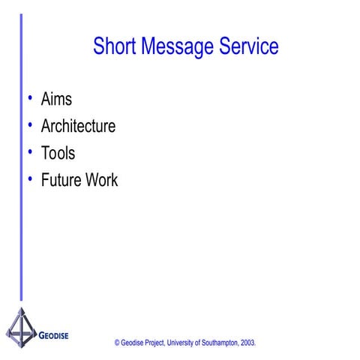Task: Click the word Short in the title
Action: pyautogui.click(x=112, y=47)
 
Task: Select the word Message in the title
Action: pyautogui.click(x=172, y=47)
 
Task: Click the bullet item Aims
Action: pyautogui.click(x=57, y=99)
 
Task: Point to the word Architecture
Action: pyautogui.click(x=79, y=126)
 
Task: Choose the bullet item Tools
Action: pyautogui.click(x=58, y=153)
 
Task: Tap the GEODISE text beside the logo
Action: pyautogui.click(x=54, y=334)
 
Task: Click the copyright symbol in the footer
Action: pyautogui.click(x=118, y=342)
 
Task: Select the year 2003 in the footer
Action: pyautogui.click(x=249, y=342)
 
